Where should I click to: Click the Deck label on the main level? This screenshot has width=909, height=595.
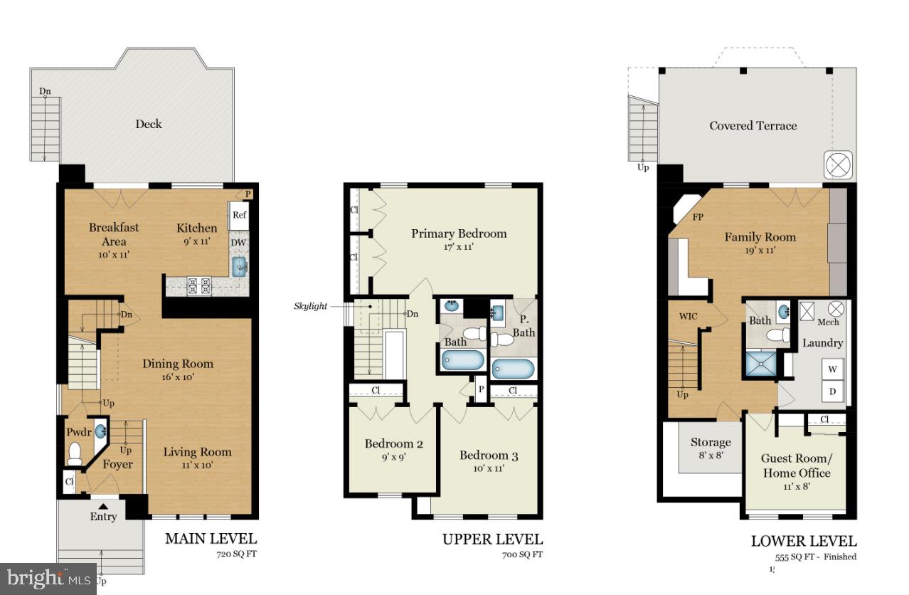coord(149,124)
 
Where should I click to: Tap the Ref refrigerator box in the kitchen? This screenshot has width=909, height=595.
coord(238,215)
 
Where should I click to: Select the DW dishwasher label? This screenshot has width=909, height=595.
coord(238,243)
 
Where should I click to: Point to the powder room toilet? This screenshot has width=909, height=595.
coord(75,453)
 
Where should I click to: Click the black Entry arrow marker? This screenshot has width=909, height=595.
coord(103,505)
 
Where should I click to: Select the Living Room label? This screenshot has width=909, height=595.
coord(197,452)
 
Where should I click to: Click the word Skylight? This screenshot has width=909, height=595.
coord(310,306)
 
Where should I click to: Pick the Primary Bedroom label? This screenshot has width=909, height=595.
coord(459,233)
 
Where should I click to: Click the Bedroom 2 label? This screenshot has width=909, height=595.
coord(394,444)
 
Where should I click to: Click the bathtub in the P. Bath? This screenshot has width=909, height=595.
coord(512,369)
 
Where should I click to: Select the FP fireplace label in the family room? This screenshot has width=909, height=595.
coord(698,218)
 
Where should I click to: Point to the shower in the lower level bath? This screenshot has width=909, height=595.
coord(760,364)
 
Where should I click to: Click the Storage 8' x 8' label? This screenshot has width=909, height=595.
coord(711,448)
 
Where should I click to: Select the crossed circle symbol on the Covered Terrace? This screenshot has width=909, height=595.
coord(838,165)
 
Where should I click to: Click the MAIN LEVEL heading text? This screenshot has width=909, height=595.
coord(211,539)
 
